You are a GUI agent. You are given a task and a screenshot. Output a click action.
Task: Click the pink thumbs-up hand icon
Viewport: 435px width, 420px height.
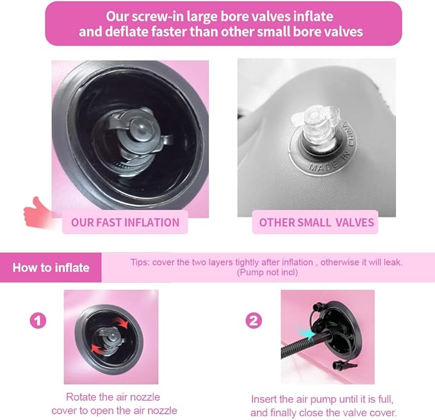click(39, 212)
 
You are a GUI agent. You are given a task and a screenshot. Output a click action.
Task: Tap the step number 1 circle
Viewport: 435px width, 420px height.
click(38, 321)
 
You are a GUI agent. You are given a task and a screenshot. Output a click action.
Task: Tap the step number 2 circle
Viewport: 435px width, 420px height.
click(254, 321)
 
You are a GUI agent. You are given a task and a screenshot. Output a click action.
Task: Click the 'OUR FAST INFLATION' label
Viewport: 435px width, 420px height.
click(125, 223)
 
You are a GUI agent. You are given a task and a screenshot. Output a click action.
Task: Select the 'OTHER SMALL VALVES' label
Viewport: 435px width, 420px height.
click(316, 223)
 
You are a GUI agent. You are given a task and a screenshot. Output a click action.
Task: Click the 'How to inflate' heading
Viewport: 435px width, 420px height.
click(51, 267)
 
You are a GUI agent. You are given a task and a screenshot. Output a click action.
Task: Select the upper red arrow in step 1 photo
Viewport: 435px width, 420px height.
click(120, 323)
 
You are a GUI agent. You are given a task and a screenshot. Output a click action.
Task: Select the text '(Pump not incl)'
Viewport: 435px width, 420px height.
click(267, 273)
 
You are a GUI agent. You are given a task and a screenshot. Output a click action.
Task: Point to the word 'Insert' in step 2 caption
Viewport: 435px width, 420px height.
click(264, 399)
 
